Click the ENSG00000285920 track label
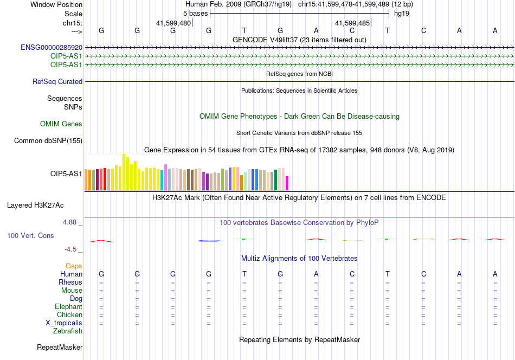coord(51,48)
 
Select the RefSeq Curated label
coord(57,81)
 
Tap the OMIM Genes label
coord(61,124)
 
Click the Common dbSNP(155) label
coord(48,140)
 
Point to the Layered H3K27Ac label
coord(35,205)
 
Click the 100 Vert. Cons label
coord(30,235)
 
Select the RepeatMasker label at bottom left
coord(60,347)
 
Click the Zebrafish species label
coord(68,331)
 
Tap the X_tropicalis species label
coord(64,323)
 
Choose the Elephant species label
coord(69,306)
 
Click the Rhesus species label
coord(70,282)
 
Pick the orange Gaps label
coord(74,266)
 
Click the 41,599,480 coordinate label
coord(173,23)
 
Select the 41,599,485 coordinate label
coord(352,23)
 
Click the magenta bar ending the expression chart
coord(287,183)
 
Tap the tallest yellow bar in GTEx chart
coord(124,172)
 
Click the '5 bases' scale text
coord(195,14)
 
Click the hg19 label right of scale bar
coord(402,14)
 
